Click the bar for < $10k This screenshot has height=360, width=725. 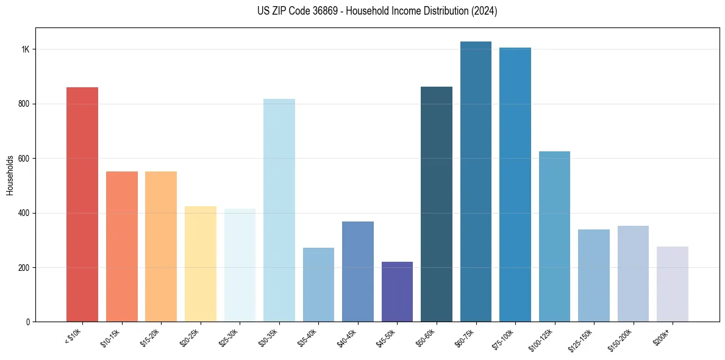[82, 204]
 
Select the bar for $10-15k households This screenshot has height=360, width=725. [122, 247]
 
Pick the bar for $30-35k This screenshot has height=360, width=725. [279, 210]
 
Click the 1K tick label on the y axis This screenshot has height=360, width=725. [24, 49]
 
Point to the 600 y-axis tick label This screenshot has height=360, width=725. [23, 159]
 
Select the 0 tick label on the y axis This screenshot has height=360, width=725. [27, 322]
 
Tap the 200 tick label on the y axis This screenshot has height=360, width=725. [23, 268]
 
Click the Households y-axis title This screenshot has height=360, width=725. [10, 175]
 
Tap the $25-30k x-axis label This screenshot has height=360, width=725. [229, 337]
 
